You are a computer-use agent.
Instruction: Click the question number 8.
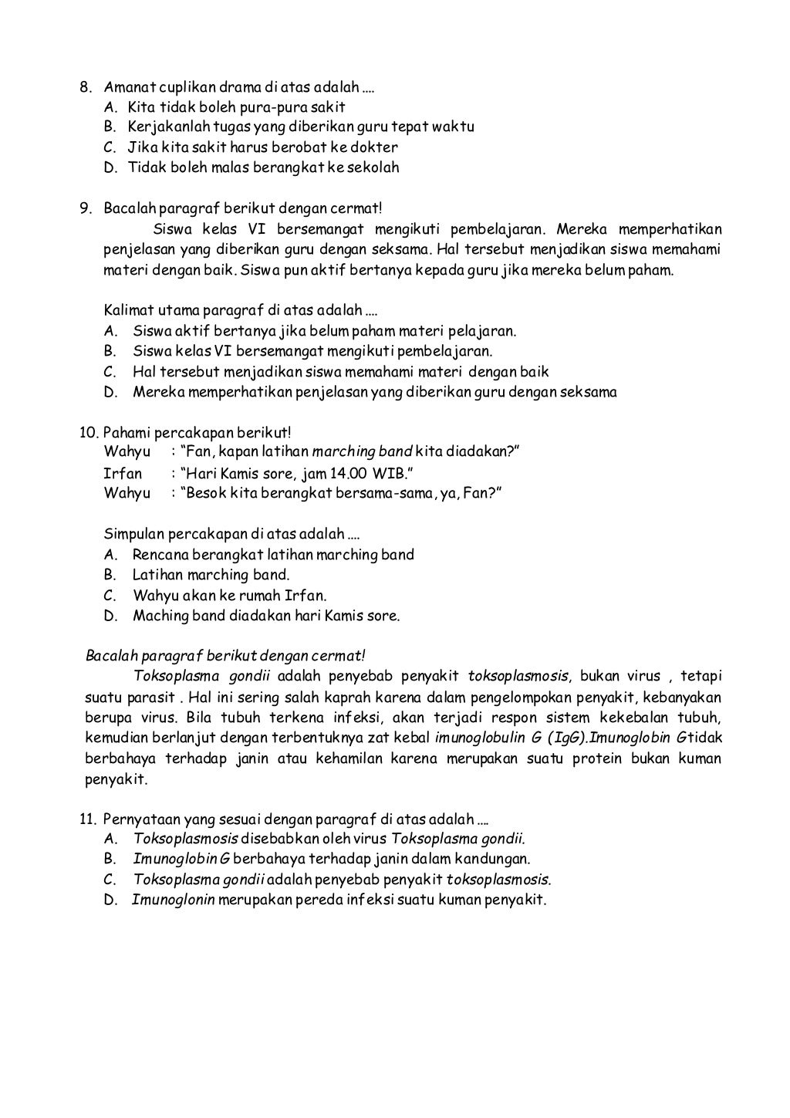pos(86,86)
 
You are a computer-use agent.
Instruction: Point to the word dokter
pos(376,147)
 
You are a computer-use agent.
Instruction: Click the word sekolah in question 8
pos(374,167)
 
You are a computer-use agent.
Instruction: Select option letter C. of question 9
pos(110,372)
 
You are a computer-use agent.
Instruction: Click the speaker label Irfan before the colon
pos(123,473)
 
